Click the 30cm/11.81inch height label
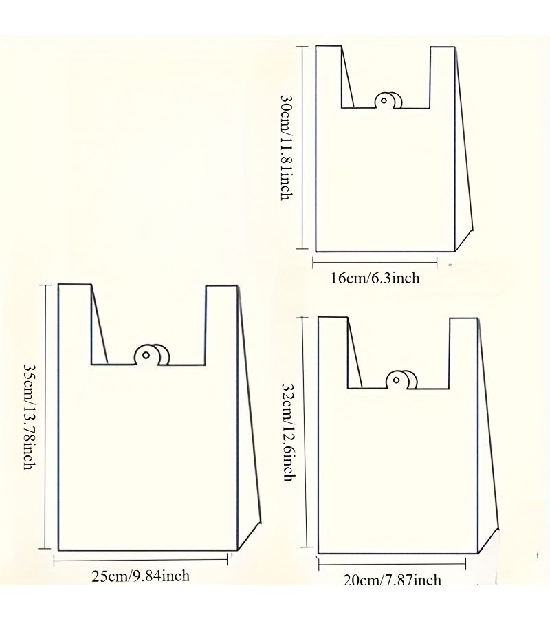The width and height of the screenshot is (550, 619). click(x=287, y=147)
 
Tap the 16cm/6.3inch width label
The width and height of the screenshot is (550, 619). click(x=375, y=279)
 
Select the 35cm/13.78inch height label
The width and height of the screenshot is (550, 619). click(x=30, y=417)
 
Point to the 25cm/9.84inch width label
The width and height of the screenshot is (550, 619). click(x=140, y=576)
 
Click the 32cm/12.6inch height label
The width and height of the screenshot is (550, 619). click(x=289, y=433)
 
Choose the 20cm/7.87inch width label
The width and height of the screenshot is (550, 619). click(x=392, y=580)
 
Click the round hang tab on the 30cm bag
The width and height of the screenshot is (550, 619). click(x=388, y=100)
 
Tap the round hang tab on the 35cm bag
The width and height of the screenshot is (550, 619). click(x=152, y=354)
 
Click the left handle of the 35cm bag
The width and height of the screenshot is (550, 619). click(x=75, y=324)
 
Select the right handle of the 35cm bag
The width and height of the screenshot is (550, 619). click(x=221, y=325)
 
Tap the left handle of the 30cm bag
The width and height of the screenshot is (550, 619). click(x=329, y=76)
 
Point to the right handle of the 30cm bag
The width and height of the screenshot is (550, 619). click(x=443, y=77)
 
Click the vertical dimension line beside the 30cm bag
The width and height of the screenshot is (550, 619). click(x=302, y=148)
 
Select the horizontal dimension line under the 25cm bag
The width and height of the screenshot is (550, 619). click(x=140, y=559)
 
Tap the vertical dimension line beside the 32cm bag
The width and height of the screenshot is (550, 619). click(x=304, y=433)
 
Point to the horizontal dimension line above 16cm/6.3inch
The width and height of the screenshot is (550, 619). click(x=375, y=262)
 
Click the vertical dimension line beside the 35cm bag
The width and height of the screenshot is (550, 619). click(x=45, y=417)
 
